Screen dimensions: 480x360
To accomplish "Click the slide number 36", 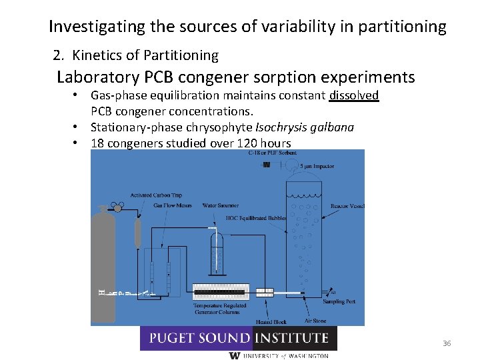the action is click(447, 343).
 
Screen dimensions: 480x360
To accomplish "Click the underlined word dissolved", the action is click(354, 95).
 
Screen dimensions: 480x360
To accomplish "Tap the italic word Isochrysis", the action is click(274, 127).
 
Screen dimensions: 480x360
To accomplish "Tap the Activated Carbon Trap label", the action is click(156, 195).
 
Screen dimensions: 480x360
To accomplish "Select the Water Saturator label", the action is click(221, 205).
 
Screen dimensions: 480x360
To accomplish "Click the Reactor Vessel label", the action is click(347, 206).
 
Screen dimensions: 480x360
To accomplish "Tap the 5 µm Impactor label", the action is click(317, 166).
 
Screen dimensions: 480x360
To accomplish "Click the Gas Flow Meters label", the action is click(172, 205).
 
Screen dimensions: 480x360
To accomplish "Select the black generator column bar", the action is click(220, 291).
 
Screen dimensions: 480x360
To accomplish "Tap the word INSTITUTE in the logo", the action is click(293, 339).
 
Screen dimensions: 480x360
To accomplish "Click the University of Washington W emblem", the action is click(234, 355).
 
